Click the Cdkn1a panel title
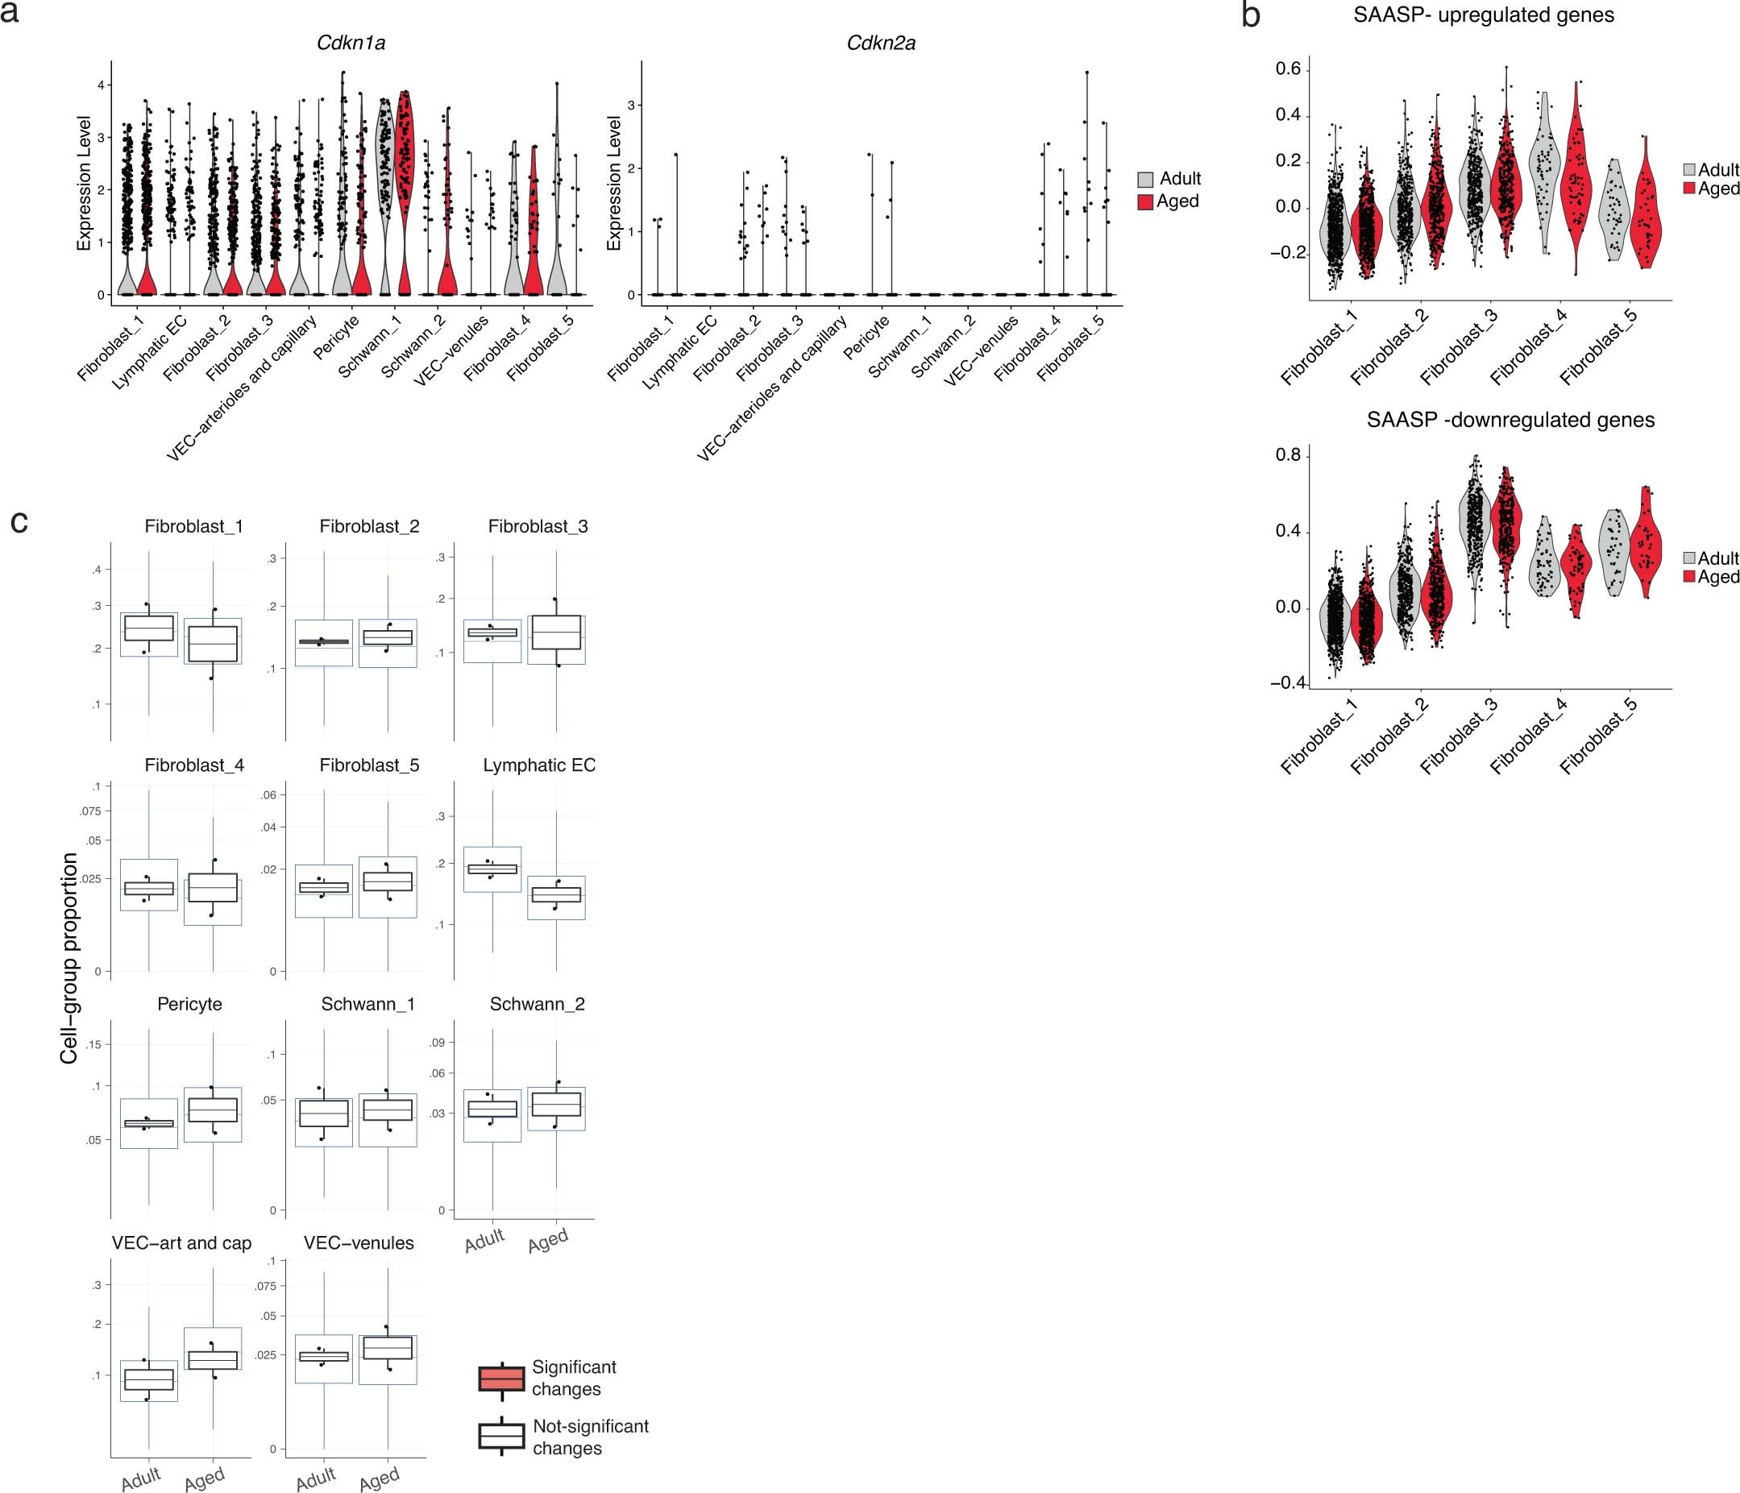click(351, 44)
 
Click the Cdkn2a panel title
click(880, 44)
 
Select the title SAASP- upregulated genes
click(1483, 15)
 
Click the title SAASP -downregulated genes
click(1510, 420)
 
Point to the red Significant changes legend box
click(501, 1379)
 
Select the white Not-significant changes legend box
click(501, 1437)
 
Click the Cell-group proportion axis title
click(69, 958)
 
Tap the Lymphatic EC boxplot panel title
click(539, 765)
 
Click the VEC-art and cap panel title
click(181, 1243)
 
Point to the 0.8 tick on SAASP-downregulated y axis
click(1287, 456)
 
